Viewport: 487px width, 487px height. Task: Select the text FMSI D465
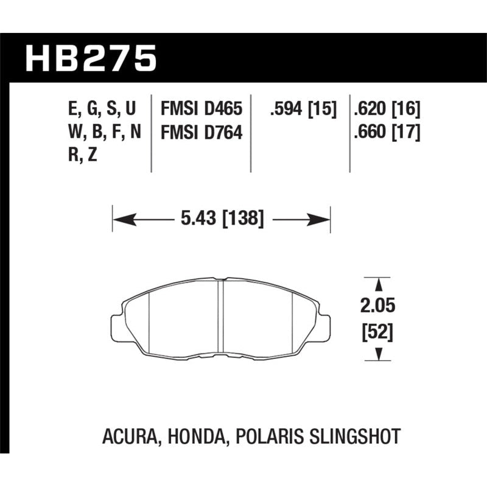pyautogui.click(x=201, y=110)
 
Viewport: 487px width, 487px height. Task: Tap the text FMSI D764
pyautogui.click(x=201, y=132)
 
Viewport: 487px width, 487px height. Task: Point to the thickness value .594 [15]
pyautogui.click(x=303, y=110)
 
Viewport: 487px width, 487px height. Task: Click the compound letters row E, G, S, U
pyautogui.click(x=102, y=110)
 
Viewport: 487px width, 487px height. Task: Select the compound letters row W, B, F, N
pyautogui.click(x=102, y=132)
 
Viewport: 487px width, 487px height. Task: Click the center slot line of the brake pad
pyautogui.click(x=222, y=317)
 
